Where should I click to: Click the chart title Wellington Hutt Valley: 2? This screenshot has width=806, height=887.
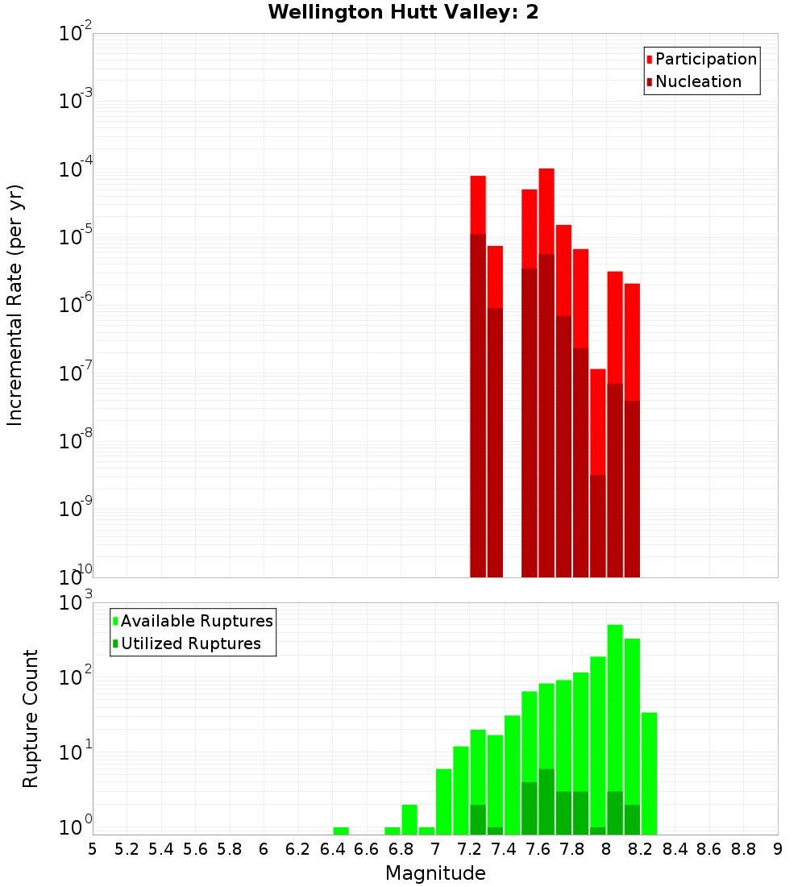tap(403, 12)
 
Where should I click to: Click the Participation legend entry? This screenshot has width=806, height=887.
tap(705, 59)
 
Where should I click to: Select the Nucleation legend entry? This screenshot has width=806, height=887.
tap(698, 81)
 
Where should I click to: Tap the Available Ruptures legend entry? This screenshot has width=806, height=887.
tap(196, 621)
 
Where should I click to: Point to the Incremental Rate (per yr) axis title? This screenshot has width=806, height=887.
tap(15, 305)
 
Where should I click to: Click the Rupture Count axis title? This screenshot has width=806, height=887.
tap(31, 718)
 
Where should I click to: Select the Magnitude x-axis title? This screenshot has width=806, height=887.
tap(435, 873)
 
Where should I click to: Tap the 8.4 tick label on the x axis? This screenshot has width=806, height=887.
tap(675, 849)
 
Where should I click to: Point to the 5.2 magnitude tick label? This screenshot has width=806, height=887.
tap(127, 849)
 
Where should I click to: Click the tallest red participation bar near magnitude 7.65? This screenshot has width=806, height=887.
tap(546, 210)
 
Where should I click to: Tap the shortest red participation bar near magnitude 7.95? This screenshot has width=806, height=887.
tap(597, 419)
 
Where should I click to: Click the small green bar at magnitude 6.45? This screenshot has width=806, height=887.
tap(341, 831)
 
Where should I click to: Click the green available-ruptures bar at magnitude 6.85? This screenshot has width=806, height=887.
tap(409, 819)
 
